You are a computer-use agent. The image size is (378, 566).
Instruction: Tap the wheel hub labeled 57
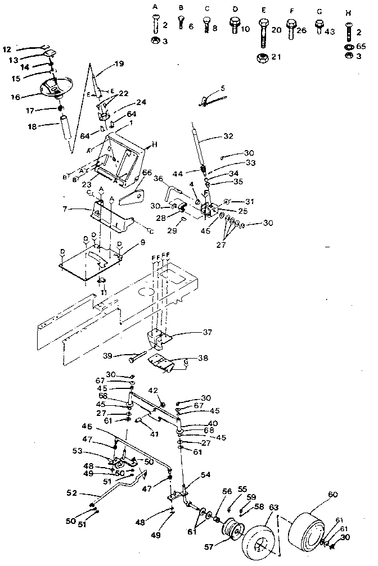point(231,531)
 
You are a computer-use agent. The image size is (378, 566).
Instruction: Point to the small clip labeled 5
point(208,101)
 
